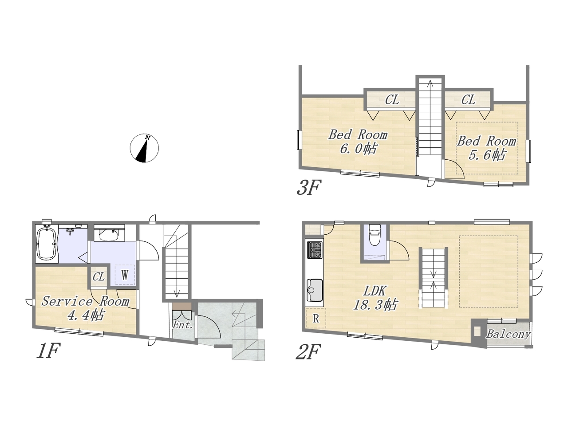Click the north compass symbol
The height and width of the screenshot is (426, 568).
[144, 148]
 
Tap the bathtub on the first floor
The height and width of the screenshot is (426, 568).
[47, 243]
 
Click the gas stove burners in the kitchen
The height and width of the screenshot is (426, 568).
[315, 249]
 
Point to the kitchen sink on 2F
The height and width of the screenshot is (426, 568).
[315, 290]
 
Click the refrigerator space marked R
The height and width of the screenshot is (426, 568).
[316, 319]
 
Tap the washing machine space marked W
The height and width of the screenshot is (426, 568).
[124, 275]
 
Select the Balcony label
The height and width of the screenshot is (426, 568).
[508, 334]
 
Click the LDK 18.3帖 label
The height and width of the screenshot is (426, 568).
[375, 298]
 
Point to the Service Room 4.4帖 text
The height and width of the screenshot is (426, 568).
[85, 308]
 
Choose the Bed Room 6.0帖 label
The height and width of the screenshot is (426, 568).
[358, 142]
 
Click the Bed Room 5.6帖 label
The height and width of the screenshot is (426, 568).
[486, 148]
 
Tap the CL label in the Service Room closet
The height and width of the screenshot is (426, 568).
[99, 277]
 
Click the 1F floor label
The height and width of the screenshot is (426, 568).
[49, 351]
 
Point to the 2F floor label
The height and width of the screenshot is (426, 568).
[308, 351]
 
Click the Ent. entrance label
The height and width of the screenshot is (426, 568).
[183, 325]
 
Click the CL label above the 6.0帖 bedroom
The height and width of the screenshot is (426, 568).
[392, 100]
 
